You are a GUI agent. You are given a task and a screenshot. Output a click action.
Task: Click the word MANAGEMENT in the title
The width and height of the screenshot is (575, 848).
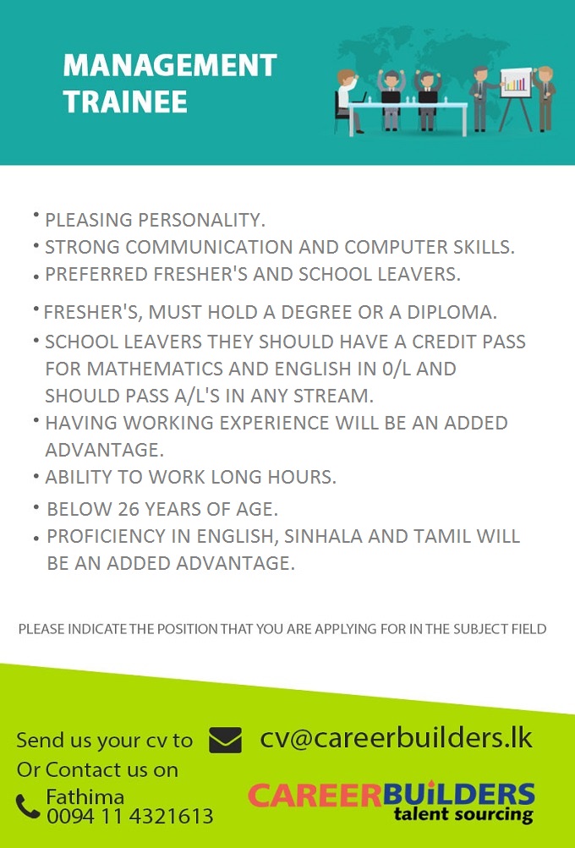click(170, 65)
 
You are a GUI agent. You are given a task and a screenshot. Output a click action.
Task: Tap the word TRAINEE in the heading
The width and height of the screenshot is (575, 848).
click(125, 101)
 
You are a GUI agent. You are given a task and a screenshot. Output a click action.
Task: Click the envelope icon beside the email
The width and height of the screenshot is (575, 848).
click(225, 740)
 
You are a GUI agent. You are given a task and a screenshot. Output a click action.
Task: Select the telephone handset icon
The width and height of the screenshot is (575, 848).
click(28, 807)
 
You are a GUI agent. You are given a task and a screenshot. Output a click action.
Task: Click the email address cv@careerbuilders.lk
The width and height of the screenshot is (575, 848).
click(396, 738)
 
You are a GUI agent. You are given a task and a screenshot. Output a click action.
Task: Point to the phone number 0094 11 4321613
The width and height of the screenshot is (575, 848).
click(130, 816)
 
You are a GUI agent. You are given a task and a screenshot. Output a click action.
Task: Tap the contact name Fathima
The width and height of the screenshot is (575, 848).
click(85, 796)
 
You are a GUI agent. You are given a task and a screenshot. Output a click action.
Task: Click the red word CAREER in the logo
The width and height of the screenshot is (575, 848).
click(315, 795)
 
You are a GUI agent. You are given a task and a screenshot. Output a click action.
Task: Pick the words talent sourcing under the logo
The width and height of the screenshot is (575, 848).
click(463, 814)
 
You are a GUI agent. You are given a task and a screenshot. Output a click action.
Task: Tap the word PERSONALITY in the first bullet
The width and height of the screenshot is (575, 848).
click(201, 220)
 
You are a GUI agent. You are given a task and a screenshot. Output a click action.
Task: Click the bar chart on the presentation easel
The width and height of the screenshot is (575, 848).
click(516, 84)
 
